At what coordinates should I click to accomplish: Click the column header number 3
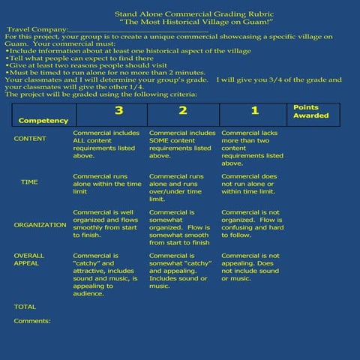[118, 111]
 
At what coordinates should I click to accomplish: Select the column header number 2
[182, 111]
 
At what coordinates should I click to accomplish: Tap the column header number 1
[254, 111]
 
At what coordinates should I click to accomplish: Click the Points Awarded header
[310, 112]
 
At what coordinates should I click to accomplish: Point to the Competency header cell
[43, 120]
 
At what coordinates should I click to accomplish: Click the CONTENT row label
[30, 139]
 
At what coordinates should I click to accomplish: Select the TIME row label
[29, 182]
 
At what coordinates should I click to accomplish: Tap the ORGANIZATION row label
[40, 225]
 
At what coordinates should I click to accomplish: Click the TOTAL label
[25, 307]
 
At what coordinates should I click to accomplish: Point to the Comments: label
[32, 321]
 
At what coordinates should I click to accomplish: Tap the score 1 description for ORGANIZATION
[252, 223]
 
